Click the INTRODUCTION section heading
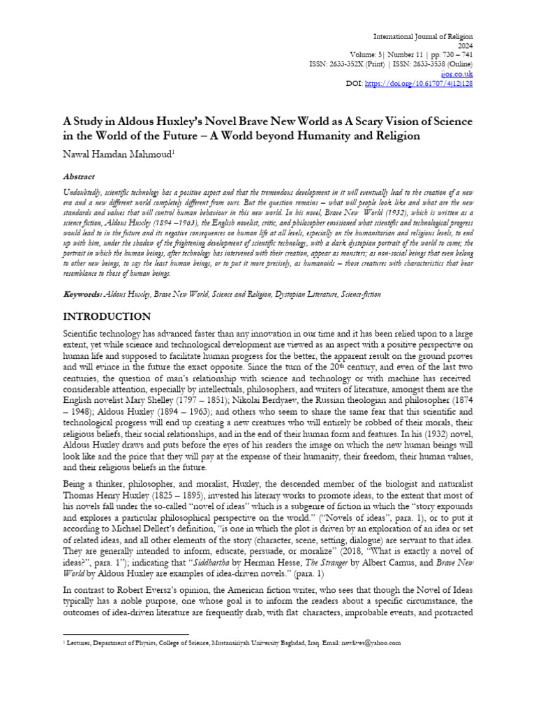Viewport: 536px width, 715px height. click(x=107, y=317)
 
